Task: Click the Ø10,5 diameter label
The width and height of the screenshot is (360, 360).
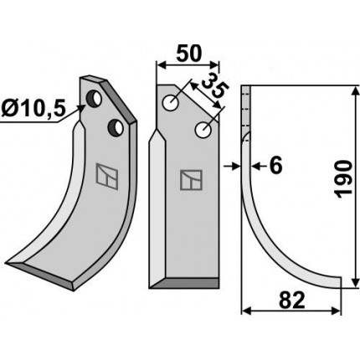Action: coord(33,109)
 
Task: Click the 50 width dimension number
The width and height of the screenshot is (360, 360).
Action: coord(188,54)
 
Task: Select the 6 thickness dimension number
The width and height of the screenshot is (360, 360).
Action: coord(276,166)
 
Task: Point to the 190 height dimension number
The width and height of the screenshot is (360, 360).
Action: coord(343,179)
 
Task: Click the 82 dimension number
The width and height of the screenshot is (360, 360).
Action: coord(291,301)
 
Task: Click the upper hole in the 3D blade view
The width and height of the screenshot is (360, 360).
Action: coord(94,98)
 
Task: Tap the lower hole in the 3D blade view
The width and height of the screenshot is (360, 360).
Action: coord(116,128)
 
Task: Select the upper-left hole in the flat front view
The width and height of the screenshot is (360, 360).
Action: coord(171,102)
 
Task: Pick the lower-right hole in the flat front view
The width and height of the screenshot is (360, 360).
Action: coord(203,130)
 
